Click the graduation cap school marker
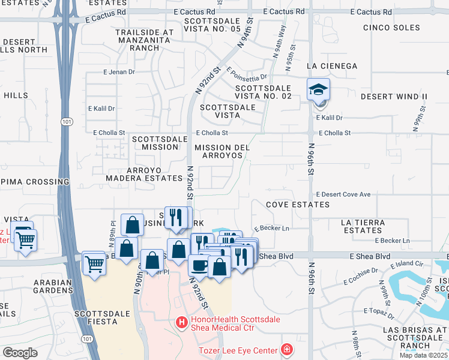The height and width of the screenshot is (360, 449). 319,90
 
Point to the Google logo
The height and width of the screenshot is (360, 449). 20,353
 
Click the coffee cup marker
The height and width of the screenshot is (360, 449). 199,265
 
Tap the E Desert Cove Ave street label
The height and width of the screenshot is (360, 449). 343,194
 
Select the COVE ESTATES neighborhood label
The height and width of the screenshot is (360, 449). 298,205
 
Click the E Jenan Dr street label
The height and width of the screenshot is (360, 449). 119,72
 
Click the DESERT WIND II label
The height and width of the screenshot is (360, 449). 394,96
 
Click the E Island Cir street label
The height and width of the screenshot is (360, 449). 406,263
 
